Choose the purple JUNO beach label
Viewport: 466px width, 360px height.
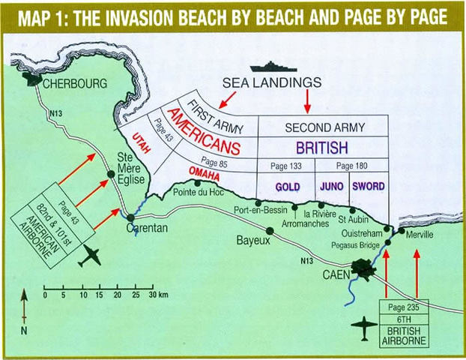coord(330,184)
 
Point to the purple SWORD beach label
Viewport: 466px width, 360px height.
coord(369,184)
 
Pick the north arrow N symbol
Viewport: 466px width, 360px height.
coord(24,329)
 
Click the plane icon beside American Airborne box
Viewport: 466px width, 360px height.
coord(93,256)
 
